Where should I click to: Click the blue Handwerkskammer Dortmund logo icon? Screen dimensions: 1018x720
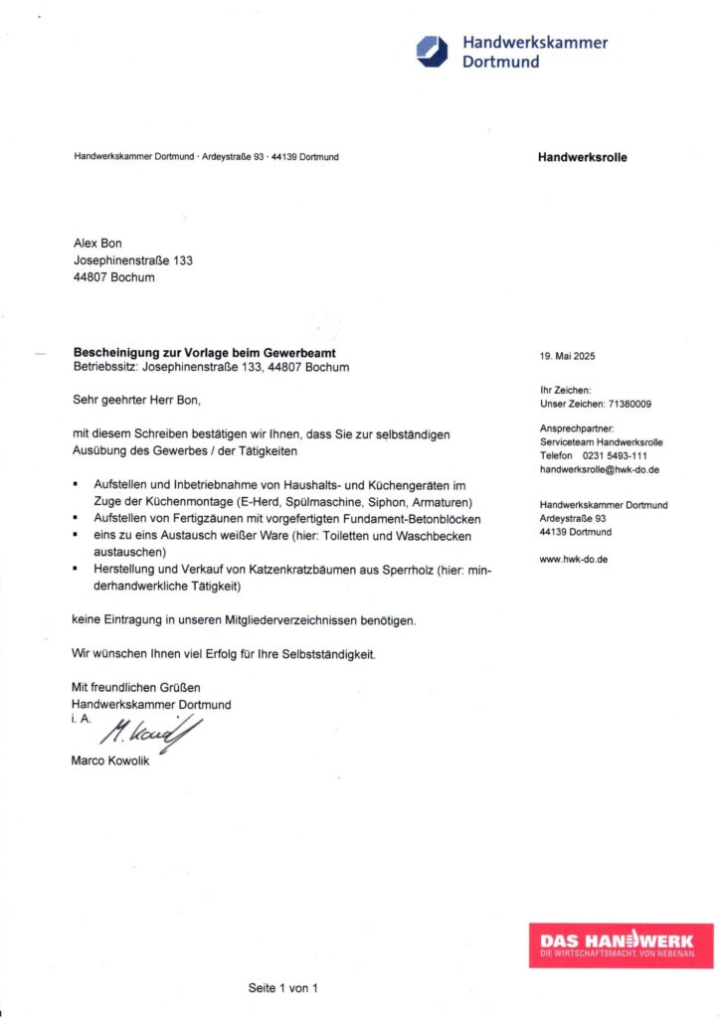433,51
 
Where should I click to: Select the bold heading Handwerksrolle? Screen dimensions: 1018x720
582,157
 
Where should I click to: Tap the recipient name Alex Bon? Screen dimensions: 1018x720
97,244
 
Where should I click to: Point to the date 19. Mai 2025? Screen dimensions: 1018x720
567,356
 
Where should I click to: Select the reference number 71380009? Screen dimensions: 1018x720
630,405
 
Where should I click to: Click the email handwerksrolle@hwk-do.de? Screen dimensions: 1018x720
600,468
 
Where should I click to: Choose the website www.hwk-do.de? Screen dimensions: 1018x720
574,559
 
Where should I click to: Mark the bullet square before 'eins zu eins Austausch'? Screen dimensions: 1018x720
77,536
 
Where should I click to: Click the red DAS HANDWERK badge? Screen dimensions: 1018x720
621,944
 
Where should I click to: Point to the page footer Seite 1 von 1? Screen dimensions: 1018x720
282,988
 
